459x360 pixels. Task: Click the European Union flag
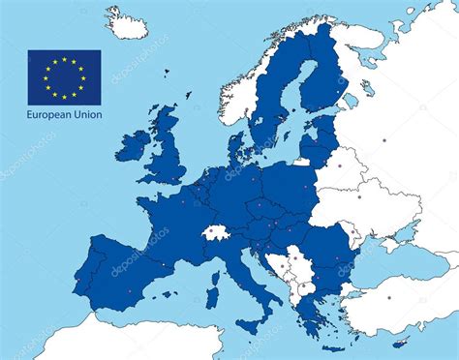pos(64,75)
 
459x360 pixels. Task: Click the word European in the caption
pos(49,115)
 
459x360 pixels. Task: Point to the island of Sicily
pos(254,318)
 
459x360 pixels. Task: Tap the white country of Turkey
pos(407,295)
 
